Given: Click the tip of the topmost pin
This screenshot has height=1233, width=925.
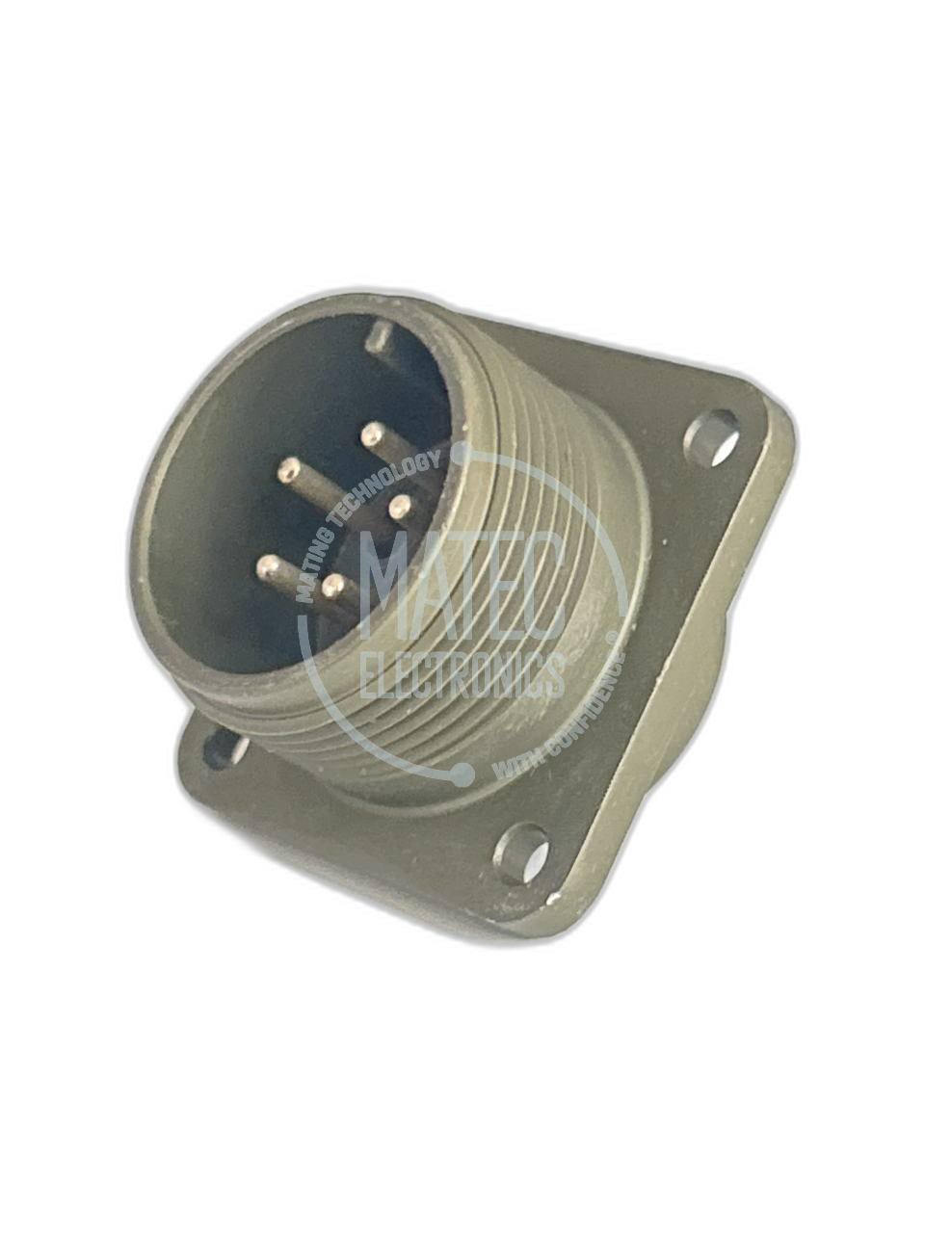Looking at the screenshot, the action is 371,433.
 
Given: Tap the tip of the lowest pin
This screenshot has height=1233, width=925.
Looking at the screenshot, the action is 333,586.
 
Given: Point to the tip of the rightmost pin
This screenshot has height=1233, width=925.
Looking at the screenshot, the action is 400,508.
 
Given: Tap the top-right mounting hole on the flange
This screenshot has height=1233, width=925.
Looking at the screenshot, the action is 711,438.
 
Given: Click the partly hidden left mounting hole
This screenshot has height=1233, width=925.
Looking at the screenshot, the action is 225,748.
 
